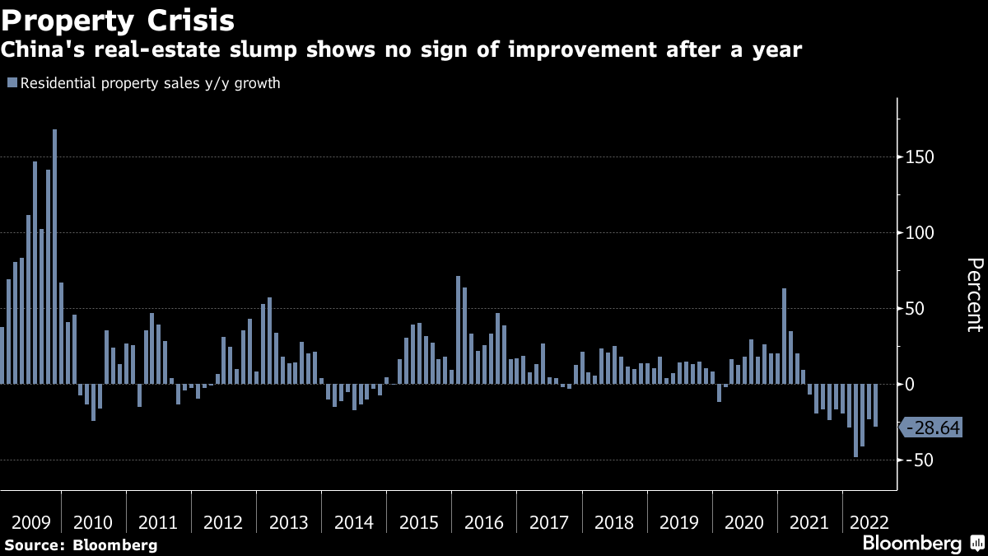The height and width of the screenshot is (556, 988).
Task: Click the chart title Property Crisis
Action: click(118, 18)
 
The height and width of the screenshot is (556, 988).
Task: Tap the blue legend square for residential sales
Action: click(12, 83)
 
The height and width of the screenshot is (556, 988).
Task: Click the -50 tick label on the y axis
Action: click(919, 460)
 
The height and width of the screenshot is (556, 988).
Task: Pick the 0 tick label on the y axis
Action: click(911, 384)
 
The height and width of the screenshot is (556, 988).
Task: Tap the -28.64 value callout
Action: click(932, 428)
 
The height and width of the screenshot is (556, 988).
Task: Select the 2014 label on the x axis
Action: click(354, 523)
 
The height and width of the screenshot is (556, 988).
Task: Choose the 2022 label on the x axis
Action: click(869, 523)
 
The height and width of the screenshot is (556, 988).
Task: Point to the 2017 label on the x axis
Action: click(549, 523)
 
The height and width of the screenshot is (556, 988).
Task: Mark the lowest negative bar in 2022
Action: click(855, 420)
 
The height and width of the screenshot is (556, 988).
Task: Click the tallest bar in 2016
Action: click(458, 329)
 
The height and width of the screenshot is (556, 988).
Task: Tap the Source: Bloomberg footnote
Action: click(80, 544)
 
